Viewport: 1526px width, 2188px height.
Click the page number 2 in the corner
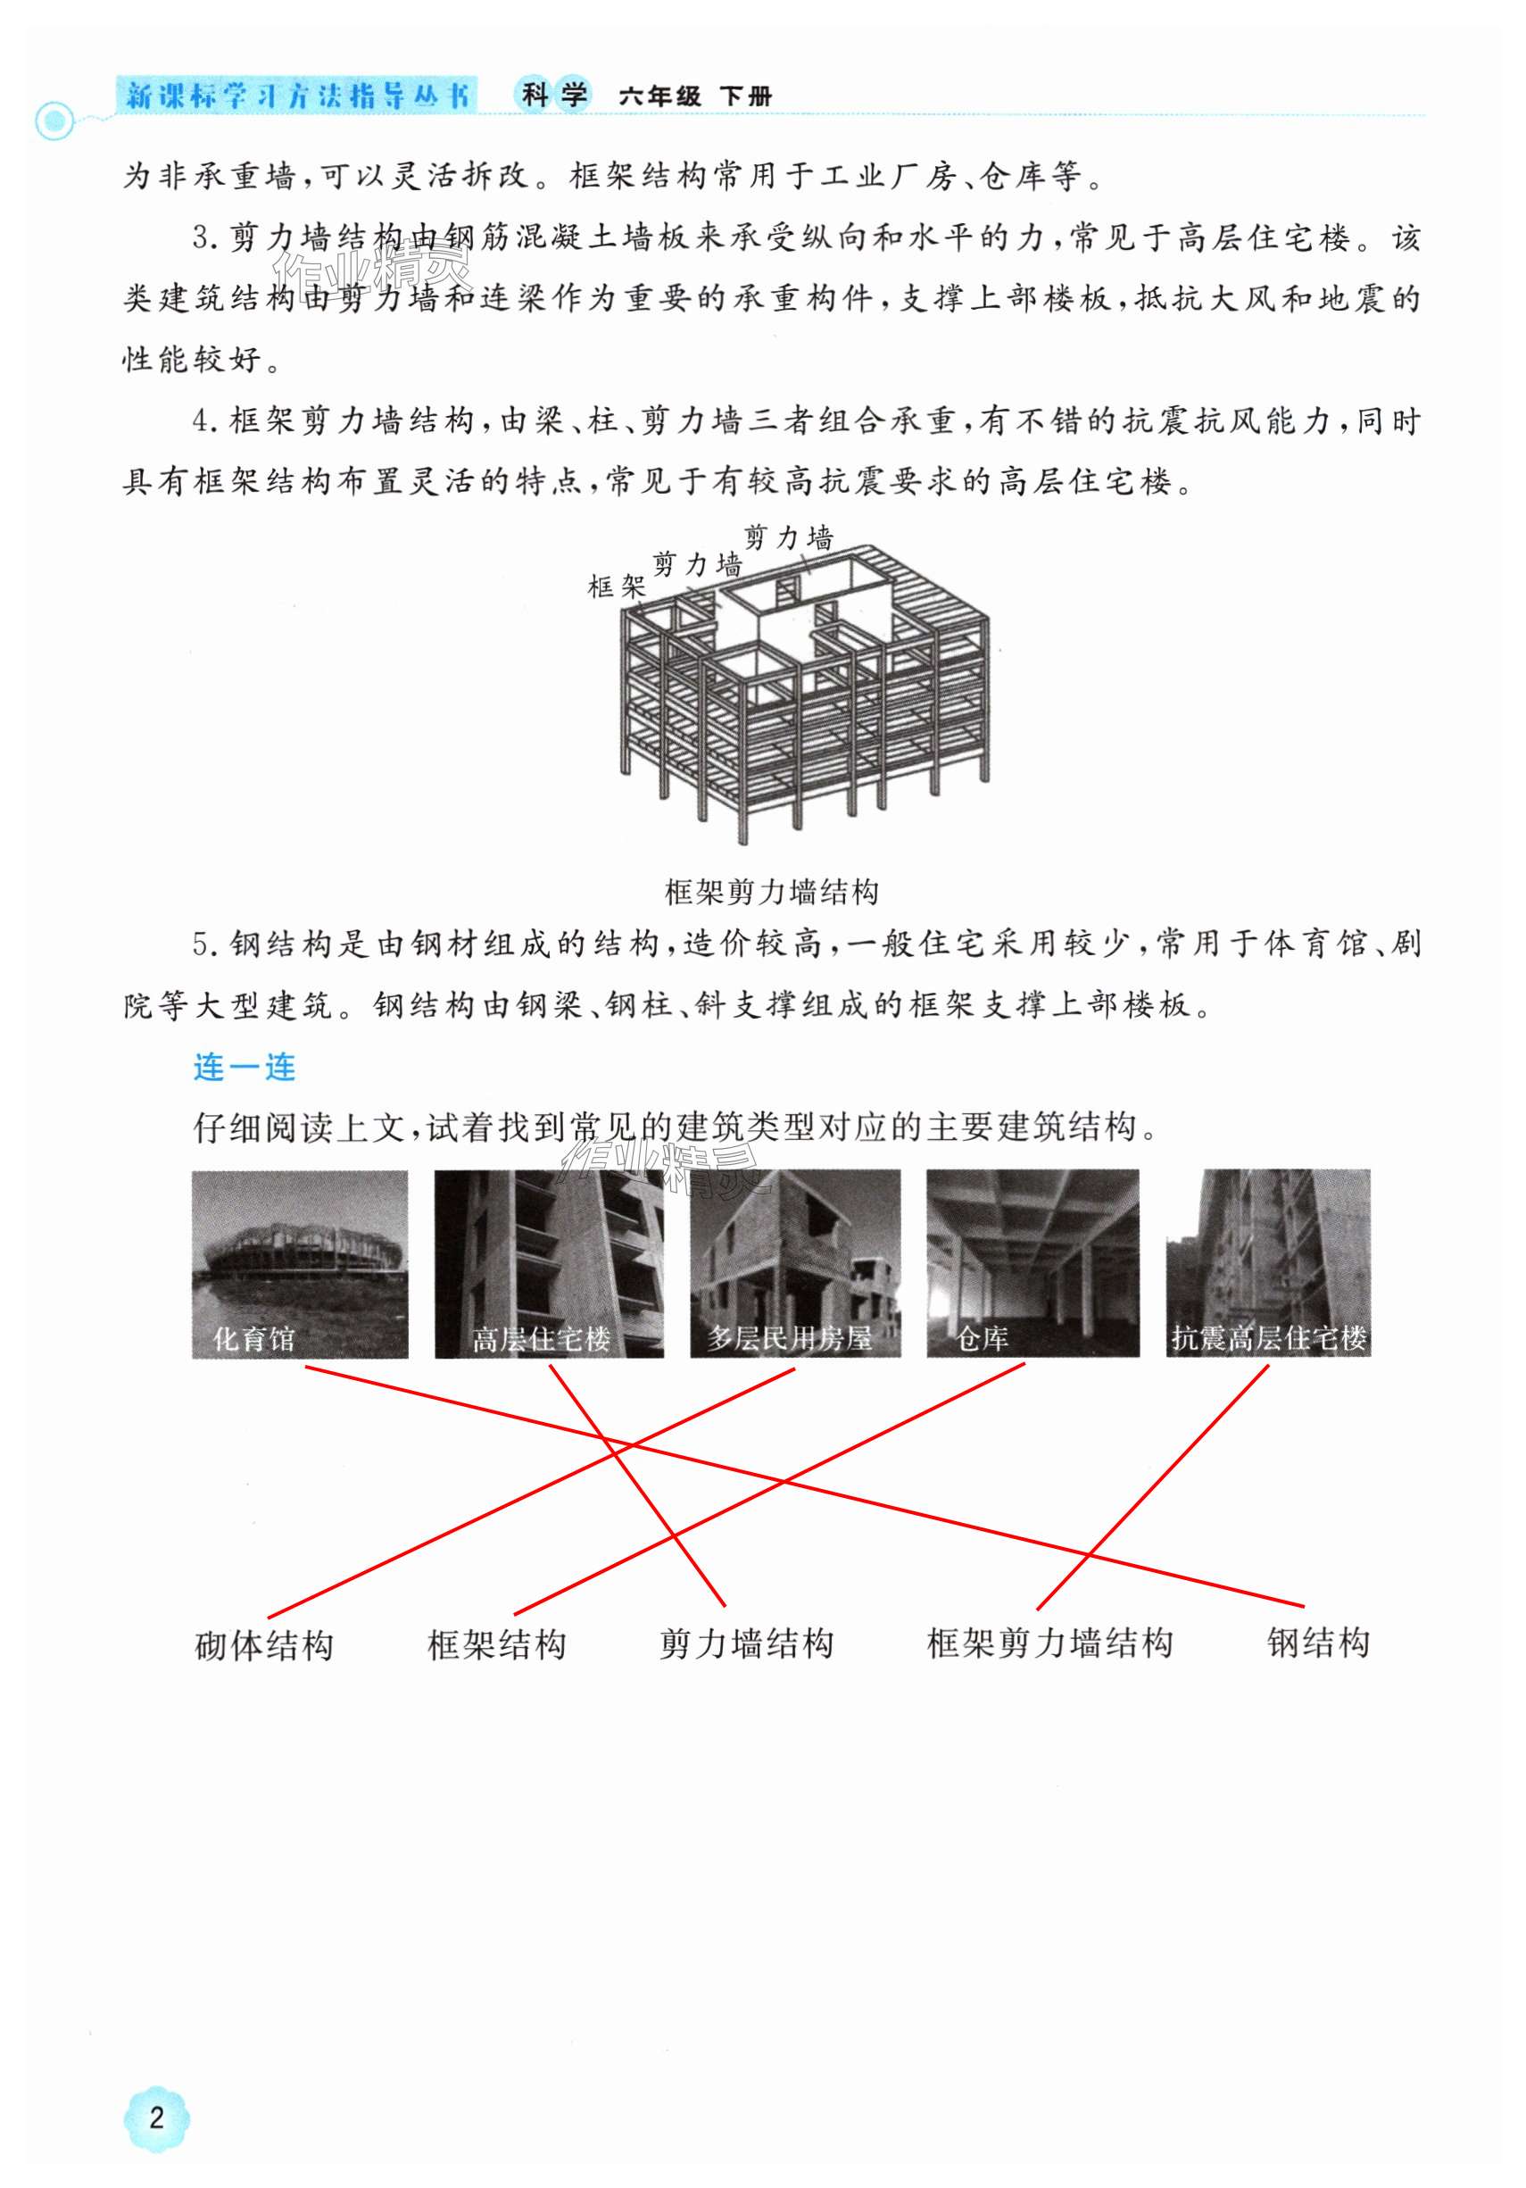157,2117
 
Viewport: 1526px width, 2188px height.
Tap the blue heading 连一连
244,1068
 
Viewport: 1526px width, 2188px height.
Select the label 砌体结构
264,1646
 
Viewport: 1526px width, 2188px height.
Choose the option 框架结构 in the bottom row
496,1645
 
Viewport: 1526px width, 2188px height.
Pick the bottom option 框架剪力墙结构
1049,1643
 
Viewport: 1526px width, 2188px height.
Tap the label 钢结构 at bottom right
1318,1643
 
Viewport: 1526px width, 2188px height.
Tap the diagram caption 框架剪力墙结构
771,892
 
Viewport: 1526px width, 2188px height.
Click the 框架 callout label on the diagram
617,587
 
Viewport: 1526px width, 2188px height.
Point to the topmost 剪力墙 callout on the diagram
788,537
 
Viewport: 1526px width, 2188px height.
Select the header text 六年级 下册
694,96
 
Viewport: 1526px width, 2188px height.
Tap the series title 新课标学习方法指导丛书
297,96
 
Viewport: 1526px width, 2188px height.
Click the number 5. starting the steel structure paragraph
206,944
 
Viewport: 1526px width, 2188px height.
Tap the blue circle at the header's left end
54,121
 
